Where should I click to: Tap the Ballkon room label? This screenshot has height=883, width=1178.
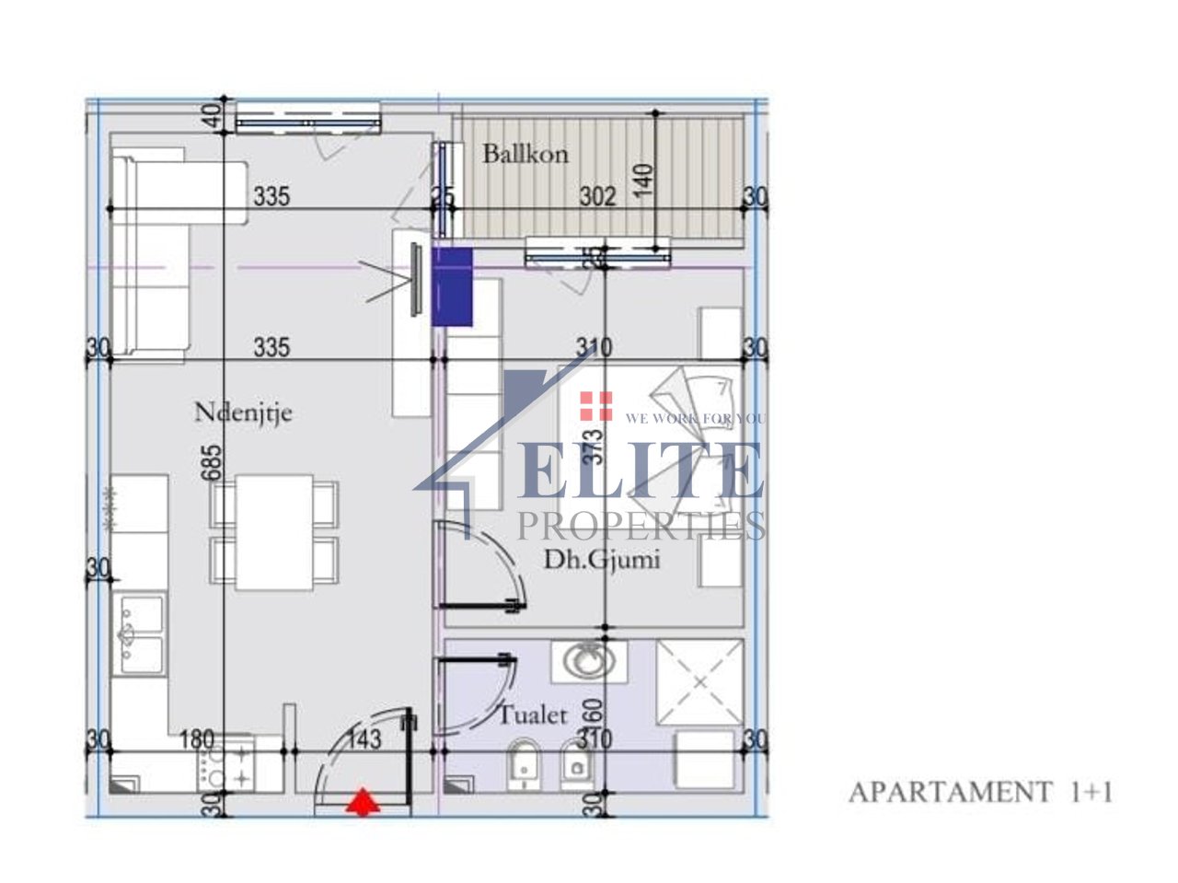[x=525, y=154]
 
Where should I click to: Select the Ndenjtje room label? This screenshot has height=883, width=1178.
[x=243, y=412]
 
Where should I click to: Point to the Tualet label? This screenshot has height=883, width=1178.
[x=533, y=715]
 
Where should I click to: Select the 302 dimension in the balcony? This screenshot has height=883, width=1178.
[x=597, y=196]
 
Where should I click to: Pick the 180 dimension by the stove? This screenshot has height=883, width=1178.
[x=197, y=738]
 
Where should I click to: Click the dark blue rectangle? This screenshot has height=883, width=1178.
[x=452, y=286]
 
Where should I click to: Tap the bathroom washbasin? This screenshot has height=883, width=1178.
[x=589, y=660]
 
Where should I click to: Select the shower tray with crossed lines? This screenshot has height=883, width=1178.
[x=699, y=682]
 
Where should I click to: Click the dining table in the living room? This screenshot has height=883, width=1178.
[x=274, y=531]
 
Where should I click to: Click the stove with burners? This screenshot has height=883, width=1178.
[x=224, y=765]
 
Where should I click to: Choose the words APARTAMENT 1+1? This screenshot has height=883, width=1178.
[x=979, y=792]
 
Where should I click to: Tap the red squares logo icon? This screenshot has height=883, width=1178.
[x=595, y=405]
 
